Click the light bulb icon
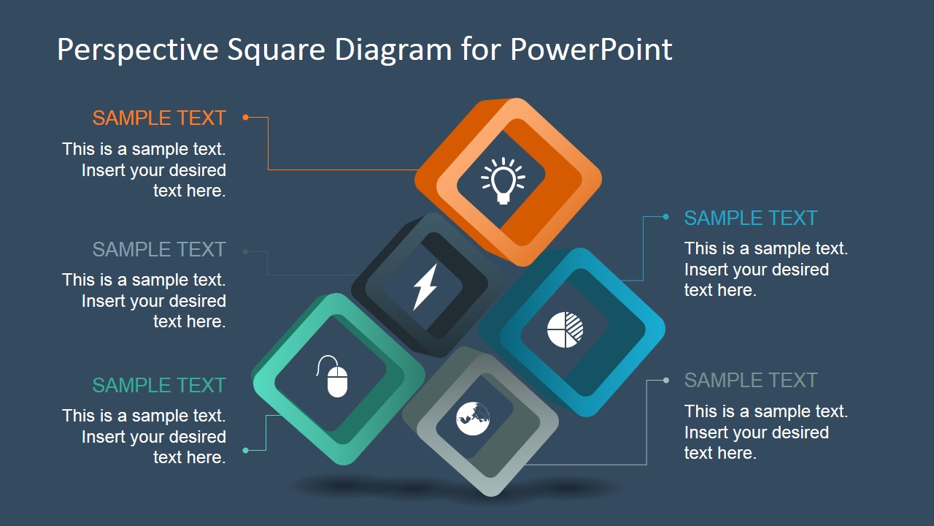click(x=503, y=180)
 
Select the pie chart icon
click(x=565, y=329)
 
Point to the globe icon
click(x=473, y=419)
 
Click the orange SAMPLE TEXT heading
click(x=159, y=118)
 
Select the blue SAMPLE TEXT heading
click(x=750, y=218)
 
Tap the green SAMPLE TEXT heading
click(x=159, y=385)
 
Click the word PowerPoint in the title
click(x=590, y=50)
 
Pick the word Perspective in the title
click(x=136, y=50)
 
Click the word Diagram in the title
click(x=393, y=50)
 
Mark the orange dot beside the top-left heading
click(x=246, y=117)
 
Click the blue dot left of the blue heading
click(x=665, y=217)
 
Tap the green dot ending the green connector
click(x=246, y=451)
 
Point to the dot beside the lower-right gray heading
click(x=665, y=380)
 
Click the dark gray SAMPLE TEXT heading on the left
click(x=159, y=249)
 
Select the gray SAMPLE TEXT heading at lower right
click(x=750, y=380)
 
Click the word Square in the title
click(x=277, y=50)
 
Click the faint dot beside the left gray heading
click(x=246, y=251)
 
